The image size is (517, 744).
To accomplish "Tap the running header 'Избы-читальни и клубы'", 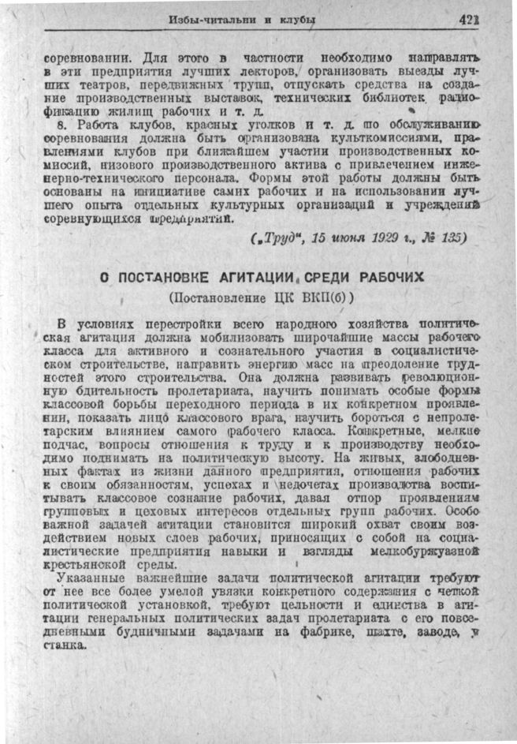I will [x=243, y=20].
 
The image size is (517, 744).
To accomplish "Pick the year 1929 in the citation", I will [x=368, y=237].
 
